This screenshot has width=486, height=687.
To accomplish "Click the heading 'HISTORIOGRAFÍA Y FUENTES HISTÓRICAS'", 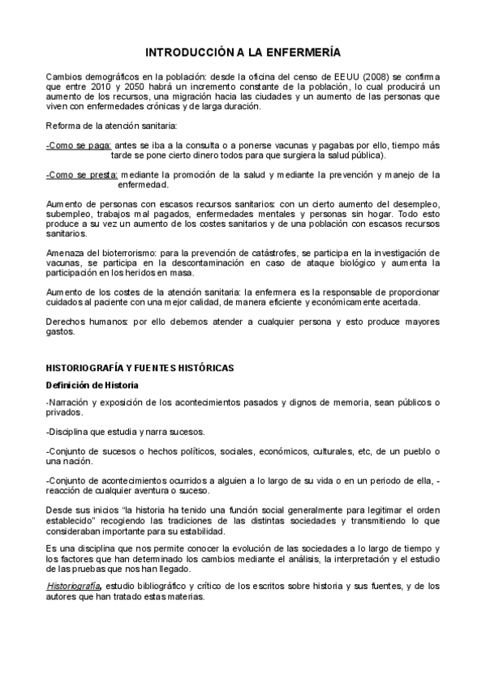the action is click(x=140, y=369).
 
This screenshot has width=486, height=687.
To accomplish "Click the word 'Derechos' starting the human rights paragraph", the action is click(x=68, y=322).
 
